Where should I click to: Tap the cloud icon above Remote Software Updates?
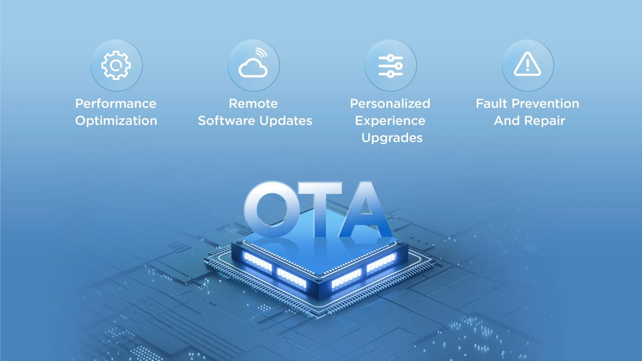(253, 70)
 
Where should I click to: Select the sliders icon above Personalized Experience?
(391, 66)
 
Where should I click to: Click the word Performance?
(116, 103)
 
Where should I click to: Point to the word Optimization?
(116, 121)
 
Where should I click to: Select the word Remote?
(253, 103)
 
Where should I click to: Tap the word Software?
(227, 121)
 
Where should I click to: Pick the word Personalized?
(390, 103)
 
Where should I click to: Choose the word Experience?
(390, 121)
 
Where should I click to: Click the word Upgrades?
(392, 138)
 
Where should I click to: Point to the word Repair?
(545, 121)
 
